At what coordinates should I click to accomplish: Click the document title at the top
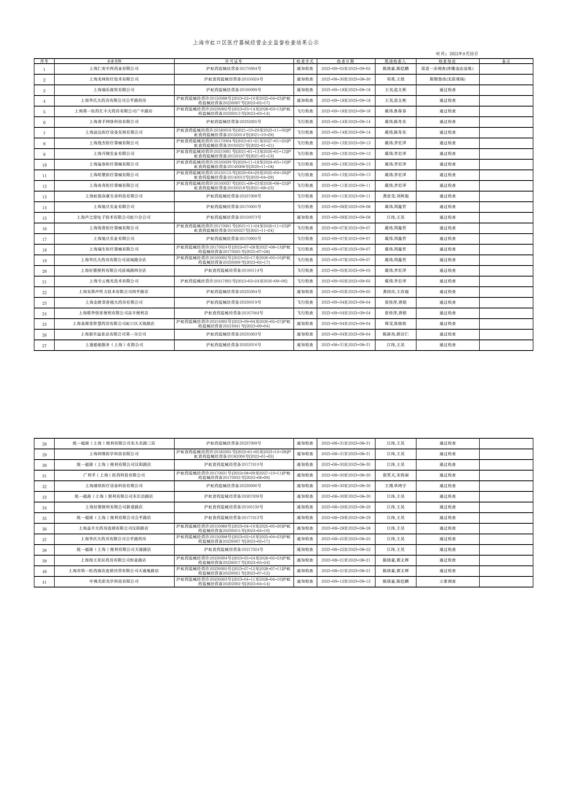click(256, 43)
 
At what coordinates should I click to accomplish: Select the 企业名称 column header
click(114, 61)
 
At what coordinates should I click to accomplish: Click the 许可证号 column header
click(234, 61)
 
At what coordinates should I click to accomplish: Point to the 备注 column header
click(506, 61)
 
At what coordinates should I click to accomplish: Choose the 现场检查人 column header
click(395, 61)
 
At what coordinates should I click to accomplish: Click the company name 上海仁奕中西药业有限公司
click(114, 69)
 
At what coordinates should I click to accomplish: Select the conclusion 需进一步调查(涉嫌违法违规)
click(447, 69)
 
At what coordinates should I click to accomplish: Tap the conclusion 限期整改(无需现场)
click(447, 79)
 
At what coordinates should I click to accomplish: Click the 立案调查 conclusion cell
click(447, 581)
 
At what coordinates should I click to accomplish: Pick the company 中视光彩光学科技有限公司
click(114, 581)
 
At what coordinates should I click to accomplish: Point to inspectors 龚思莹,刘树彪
click(395, 196)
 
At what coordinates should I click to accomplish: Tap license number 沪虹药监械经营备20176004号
click(234, 69)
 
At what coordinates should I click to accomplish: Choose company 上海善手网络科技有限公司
click(114, 122)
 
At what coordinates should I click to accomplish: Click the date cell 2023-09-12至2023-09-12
click(346, 581)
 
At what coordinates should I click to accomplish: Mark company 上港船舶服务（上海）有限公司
click(114, 345)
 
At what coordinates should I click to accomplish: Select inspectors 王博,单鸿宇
click(395, 486)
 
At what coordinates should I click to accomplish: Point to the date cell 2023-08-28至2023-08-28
click(346, 528)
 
